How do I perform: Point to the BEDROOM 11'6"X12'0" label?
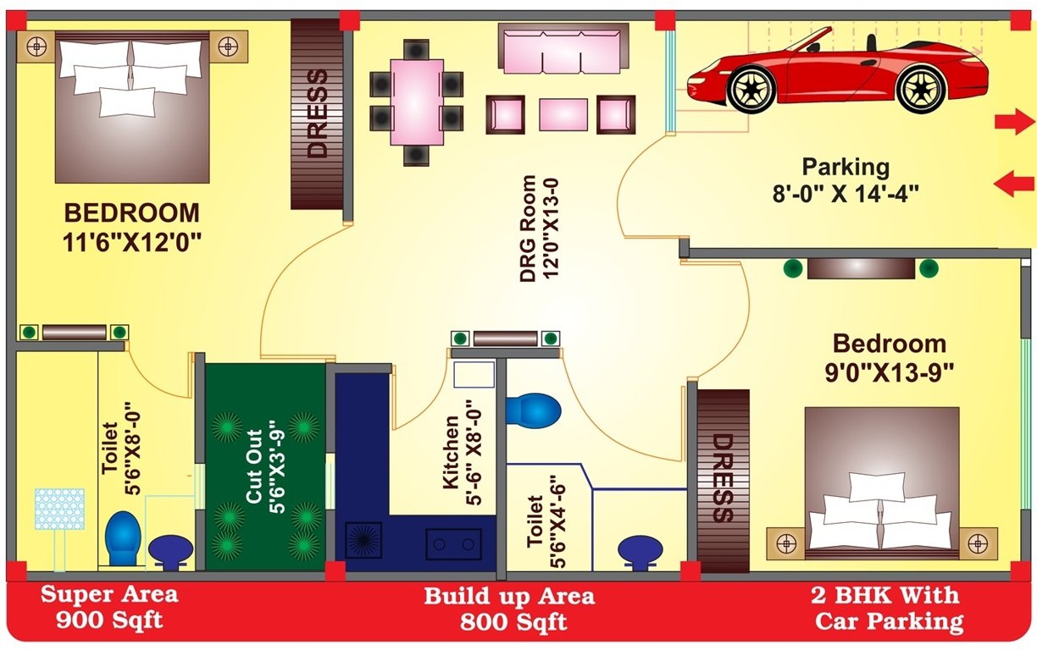(132, 226)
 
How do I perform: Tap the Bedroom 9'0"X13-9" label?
(889, 356)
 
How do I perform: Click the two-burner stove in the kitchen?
(453, 542)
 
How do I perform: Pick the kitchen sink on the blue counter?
(363, 540)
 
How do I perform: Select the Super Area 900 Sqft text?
(109, 607)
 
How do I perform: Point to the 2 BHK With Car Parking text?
(889, 608)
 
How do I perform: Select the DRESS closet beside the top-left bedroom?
(317, 114)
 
